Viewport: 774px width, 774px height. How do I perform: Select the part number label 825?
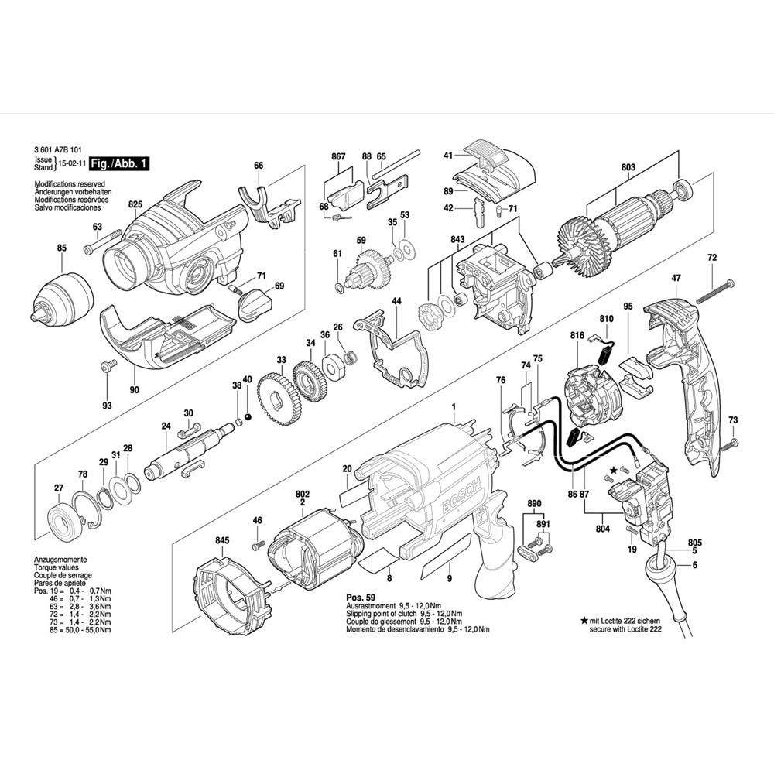tap(136, 204)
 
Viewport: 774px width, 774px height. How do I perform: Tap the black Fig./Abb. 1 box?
tap(118, 163)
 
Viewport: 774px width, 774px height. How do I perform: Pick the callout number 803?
tap(628, 166)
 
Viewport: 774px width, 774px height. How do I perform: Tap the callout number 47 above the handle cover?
tap(676, 277)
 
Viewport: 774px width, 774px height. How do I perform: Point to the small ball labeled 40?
tap(248, 417)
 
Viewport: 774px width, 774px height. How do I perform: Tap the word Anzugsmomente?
tap(60, 559)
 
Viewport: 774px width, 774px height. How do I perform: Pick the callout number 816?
tap(576, 335)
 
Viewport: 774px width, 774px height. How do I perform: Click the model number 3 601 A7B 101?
tap(62, 151)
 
